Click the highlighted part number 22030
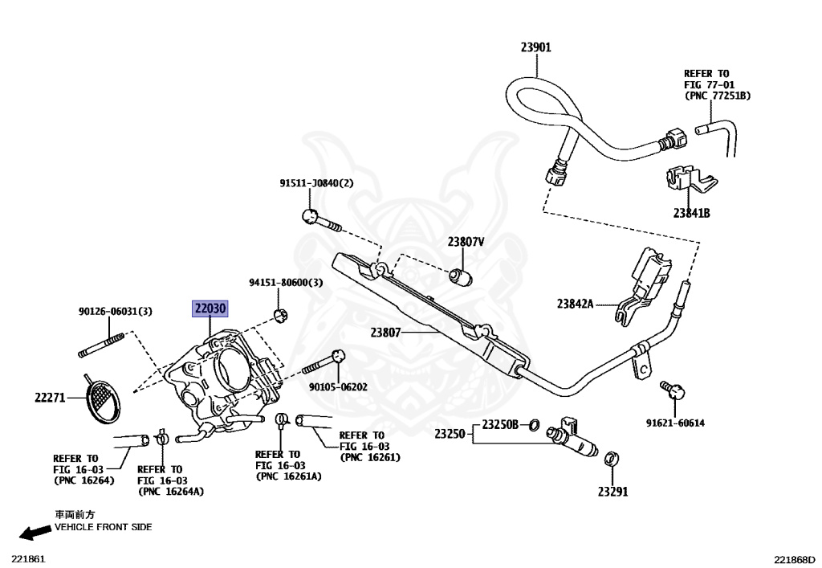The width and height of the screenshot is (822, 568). (x=210, y=309)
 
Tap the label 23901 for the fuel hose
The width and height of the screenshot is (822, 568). (x=535, y=47)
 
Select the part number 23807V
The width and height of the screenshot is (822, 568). (x=466, y=242)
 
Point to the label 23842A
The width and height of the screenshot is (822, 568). (x=575, y=304)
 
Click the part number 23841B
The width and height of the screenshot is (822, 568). (x=691, y=213)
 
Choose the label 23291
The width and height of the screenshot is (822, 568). (x=612, y=492)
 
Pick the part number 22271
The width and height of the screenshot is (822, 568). (x=50, y=398)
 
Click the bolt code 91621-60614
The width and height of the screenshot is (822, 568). (x=675, y=423)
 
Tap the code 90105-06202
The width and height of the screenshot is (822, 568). (x=338, y=387)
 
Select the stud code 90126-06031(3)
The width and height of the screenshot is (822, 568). (x=116, y=312)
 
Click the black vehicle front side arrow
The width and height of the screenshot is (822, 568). (x=35, y=533)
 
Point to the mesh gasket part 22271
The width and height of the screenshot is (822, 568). (x=102, y=399)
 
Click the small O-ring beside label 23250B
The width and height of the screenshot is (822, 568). (x=534, y=425)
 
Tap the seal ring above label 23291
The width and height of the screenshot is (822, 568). (x=611, y=459)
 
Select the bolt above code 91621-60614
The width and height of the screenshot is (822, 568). (x=673, y=390)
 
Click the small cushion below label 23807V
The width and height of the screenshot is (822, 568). (x=462, y=276)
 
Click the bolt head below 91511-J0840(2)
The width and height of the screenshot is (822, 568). (x=310, y=215)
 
